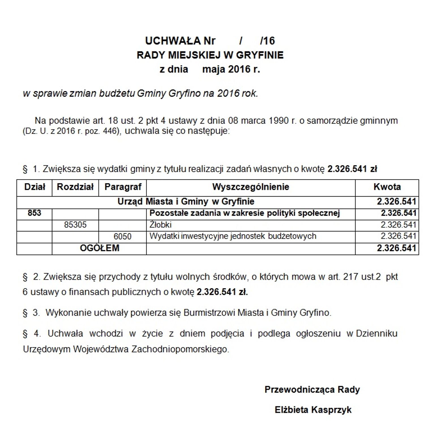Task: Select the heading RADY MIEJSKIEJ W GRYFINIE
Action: tap(210, 55)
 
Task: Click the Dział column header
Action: tap(35, 187)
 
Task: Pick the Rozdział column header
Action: tap(75, 187)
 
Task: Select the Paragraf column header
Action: tap(123, 187)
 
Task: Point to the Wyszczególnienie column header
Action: tap(251, 187)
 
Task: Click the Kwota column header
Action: tap(387, 187)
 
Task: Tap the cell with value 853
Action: tap(35, 213)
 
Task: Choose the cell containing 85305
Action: tap(75, 225)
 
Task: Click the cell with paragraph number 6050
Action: tap(123, 237)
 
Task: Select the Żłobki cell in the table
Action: tap(160, 225)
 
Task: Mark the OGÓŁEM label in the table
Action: tap(100, 248)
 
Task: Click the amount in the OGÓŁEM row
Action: tap(396, 248)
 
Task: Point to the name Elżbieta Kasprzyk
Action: tap(313, 410)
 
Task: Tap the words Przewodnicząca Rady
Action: tap(312, 390)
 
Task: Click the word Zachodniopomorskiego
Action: tap(180, 349)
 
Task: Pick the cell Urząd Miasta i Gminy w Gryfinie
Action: tap(186, 202)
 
